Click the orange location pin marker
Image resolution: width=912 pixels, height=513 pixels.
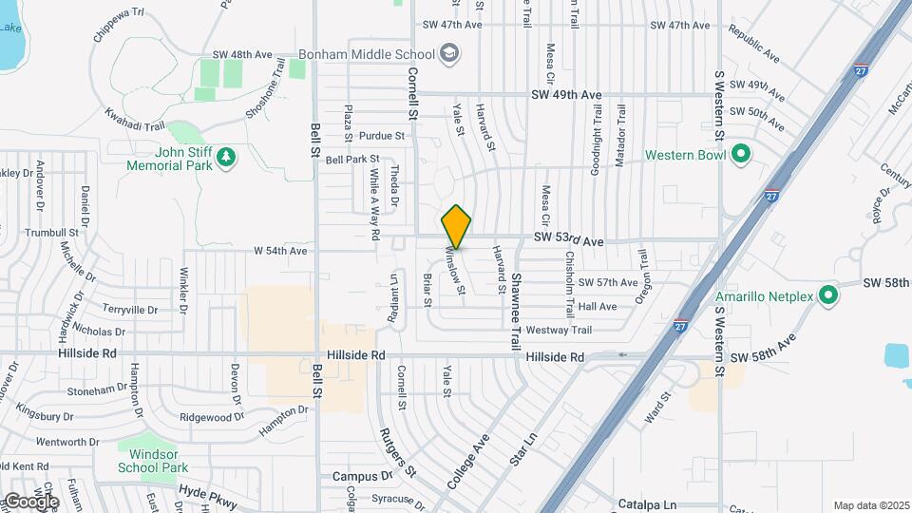tap(457, 226)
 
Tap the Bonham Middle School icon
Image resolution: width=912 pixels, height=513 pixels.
tap(449, 54)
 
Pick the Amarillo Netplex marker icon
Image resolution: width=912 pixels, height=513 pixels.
tap(828, 296)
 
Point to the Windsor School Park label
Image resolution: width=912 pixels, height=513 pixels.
tap(153, 461)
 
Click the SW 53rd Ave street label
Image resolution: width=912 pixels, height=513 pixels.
tap(568, 241)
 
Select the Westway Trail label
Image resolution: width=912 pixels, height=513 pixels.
tap(559, 331)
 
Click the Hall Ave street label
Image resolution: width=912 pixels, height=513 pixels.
tap(598, 307)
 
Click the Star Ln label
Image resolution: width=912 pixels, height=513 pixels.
tap(523, 448)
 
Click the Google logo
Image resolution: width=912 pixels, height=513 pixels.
tap(30, 501)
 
